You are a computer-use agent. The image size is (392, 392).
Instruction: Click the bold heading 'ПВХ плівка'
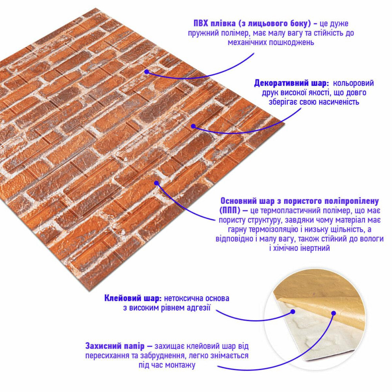coord(214,24)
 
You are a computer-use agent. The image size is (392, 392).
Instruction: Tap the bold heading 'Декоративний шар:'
coord(292,83)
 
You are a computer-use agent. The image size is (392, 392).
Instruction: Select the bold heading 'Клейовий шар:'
coord(133,298)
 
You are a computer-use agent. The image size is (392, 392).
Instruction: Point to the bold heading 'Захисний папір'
coord(115,346)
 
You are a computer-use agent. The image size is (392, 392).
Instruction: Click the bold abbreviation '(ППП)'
coord(230,211)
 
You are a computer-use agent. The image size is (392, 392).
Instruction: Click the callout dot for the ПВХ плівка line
coord(147,72)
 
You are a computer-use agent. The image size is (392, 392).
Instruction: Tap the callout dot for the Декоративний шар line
coord(193,126)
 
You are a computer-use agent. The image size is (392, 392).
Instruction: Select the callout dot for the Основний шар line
coord(156,183)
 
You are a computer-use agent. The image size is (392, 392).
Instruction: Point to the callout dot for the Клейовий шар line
coord(293,312)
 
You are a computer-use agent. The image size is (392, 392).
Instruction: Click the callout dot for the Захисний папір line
coord(333,313)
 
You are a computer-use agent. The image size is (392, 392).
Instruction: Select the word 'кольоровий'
coord(354,83)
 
